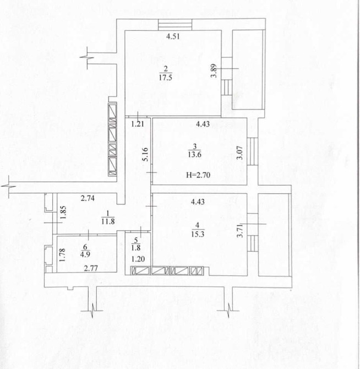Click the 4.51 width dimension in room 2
pos(173,36)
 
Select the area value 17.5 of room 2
pos(165,78)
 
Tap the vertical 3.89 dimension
pos(214,71)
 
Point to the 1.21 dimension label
pos(138,124)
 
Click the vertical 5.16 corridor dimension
pos(145,154)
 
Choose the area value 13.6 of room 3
pos(195,155)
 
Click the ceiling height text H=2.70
pos(198,175)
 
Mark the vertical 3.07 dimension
pos(239,153)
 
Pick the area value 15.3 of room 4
pos(198,234)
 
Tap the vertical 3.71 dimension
pos(239,231)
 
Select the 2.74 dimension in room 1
pos(88,198)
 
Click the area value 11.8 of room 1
pos(108,221)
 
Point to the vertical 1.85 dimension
pos(63,213)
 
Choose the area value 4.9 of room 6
pos(85,254)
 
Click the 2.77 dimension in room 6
pos(91,268)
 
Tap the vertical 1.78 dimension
pos(62,256)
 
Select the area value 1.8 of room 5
pos(136,248)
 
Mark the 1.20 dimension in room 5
pos(138,259)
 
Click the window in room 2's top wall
pos(175,24)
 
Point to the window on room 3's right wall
pos(253,151)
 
